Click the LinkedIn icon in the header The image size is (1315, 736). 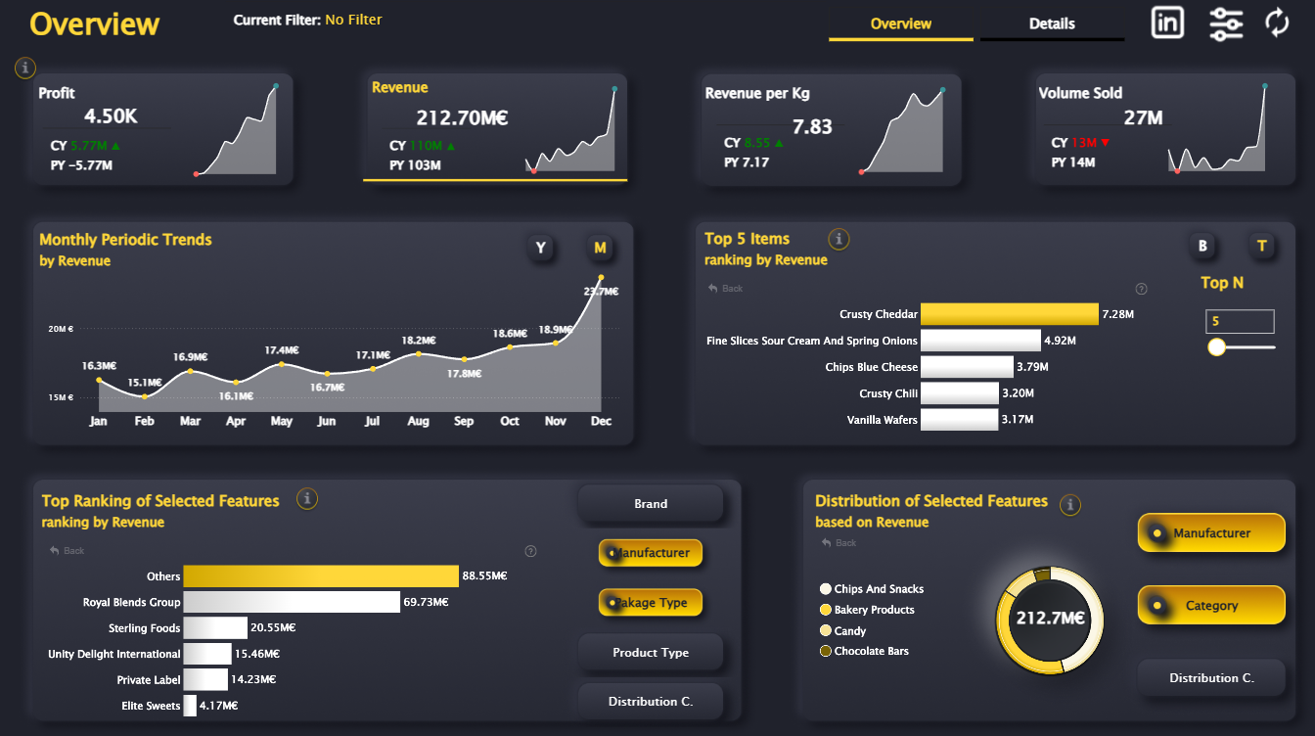click(x=1167, y=22)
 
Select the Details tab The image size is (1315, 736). click(x=1052, y=23)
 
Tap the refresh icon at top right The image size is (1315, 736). click(x=1278, y=23)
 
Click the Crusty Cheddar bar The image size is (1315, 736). click(x=1010, y=314)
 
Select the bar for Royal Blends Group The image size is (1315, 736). click(x=292, y=602)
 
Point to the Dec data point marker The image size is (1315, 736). click(x=601, y=277)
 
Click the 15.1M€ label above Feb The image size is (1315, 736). click(x=145, y=383)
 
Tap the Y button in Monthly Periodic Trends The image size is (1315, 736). click(x=541, y=248)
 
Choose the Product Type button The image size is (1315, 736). click(x=651, y=653)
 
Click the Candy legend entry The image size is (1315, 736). click(x=850, y=631)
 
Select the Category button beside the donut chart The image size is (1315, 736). click(x=1211, y=606)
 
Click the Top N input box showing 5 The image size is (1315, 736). click(x=1240, y=321)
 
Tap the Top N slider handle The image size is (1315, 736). click(x=1217, y=346)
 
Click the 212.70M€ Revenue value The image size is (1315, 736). click(x=462, y=118)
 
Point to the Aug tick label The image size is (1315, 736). click(x=418, y=421)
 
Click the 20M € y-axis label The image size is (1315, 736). click(x=61, y=329)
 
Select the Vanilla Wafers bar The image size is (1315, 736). click(x=959, y=420)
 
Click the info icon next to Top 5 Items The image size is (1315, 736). click(x=839, y=238)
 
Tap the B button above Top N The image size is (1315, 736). click(x=1203, y=246)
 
